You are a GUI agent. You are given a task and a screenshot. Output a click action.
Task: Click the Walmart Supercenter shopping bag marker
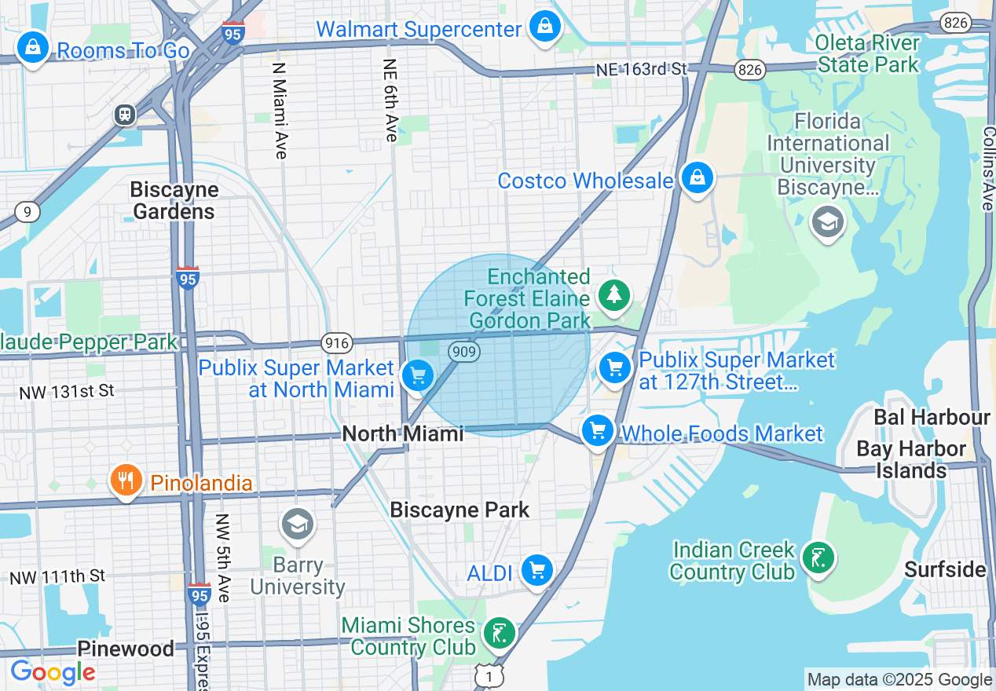(544, 27)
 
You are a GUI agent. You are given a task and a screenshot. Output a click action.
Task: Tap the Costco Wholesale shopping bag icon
(697, 177)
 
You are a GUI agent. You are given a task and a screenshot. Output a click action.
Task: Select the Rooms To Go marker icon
(33, 47)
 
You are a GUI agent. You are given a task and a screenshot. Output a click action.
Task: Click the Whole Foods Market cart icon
(598, 430)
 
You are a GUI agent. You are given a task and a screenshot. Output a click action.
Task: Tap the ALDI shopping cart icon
(537, 570)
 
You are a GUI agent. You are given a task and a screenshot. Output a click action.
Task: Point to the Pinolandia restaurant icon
(126, 480)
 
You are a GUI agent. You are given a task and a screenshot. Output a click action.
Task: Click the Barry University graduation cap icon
(298, 525)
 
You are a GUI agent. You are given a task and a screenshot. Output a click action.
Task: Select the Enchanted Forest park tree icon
(614, 296)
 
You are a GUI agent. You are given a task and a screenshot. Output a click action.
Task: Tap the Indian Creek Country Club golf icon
(818, 558)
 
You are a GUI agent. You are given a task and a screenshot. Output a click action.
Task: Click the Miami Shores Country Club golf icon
(500, 633)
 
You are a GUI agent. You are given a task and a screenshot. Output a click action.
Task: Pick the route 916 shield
(335, 342)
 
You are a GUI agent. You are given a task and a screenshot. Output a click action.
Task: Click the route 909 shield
(464, 351)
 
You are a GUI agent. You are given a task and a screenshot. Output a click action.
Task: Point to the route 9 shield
(27, 212)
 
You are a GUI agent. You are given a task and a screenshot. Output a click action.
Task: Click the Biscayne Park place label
(460, 510)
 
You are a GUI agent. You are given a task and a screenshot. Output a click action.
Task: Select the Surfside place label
(945, 569)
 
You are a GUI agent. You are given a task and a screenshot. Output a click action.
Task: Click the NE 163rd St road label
(641, 70)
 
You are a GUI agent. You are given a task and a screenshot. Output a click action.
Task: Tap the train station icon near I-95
(124, 115)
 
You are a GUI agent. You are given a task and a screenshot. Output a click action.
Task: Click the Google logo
(52, 673)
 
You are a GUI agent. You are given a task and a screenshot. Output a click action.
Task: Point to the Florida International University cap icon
(827, 222)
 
